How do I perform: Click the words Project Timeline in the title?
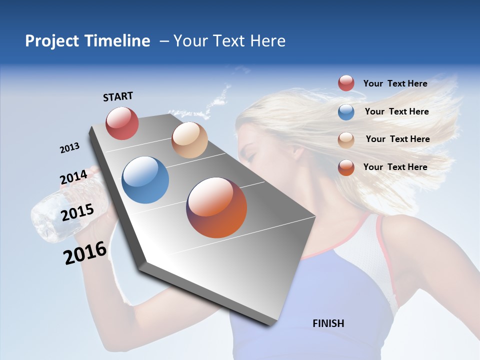coord(87,41)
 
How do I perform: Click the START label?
coord(118,96)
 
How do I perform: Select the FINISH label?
coord(328,323)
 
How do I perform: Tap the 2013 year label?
coord(69,148)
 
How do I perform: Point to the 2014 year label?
coord(73,177)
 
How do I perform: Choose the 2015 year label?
coord(77,212)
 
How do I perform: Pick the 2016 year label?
coord(85,253)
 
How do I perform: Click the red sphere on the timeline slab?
coord(122,123)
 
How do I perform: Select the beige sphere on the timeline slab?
coord(189,140)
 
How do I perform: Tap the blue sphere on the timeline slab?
coord(145,180)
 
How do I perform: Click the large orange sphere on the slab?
coord(216,207)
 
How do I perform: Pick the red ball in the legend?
coord(346,83)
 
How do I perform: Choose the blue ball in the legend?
coord(346,111)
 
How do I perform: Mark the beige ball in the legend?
coord(346,139)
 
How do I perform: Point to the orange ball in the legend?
coord(346,167)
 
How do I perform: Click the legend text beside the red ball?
coord(395,83)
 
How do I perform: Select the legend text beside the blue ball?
coord(396,111)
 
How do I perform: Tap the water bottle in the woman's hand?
coord(50,215)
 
